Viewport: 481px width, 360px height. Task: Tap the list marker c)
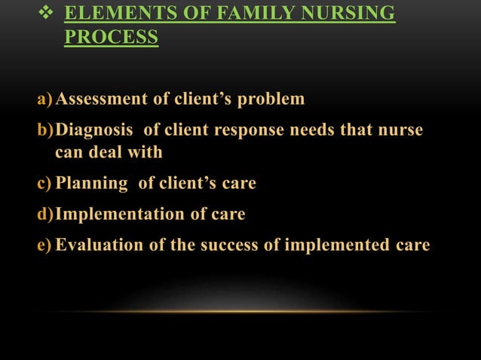44,182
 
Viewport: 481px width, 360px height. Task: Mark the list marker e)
44,245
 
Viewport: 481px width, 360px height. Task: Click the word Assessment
100,99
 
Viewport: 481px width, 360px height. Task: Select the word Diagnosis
93,131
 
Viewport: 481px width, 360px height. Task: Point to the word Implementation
121,214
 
